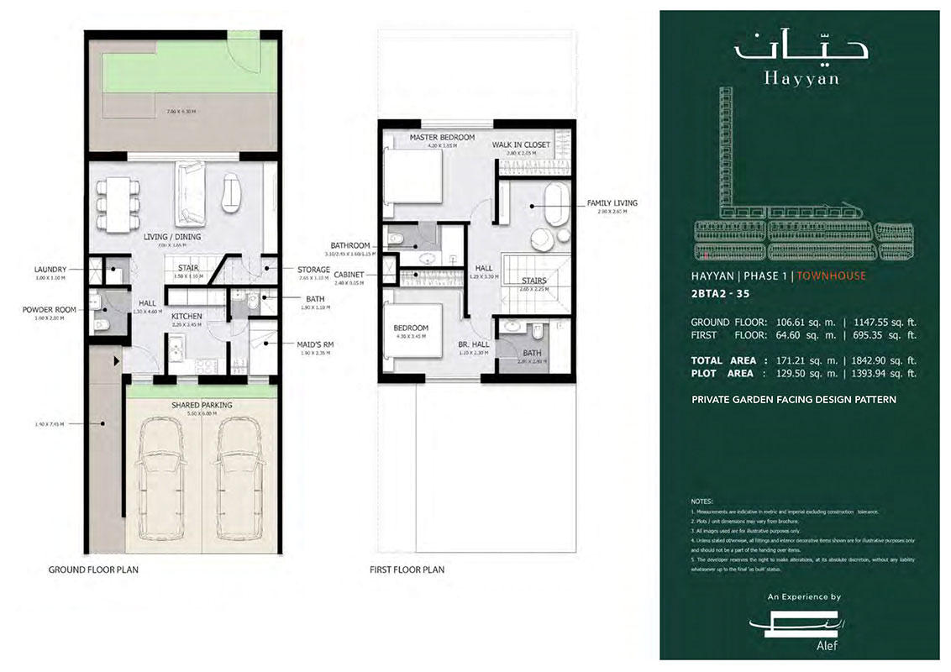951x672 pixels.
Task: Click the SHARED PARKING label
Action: [202, 405]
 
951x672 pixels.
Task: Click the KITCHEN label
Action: [187, 317]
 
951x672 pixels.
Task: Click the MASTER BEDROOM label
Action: [442, 137]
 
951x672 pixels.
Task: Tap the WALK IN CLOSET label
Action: [521, 144]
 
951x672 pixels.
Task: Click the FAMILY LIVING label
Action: [612, 202]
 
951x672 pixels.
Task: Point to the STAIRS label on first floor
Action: [533, 281]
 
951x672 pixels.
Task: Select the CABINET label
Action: [349, 274]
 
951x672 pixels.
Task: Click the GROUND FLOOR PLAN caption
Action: [93, 570]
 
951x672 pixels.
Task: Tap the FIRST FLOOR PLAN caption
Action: [407, 570]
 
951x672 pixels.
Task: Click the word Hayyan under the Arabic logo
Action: [790, 79]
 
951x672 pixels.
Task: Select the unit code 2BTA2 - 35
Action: [722, 295]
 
